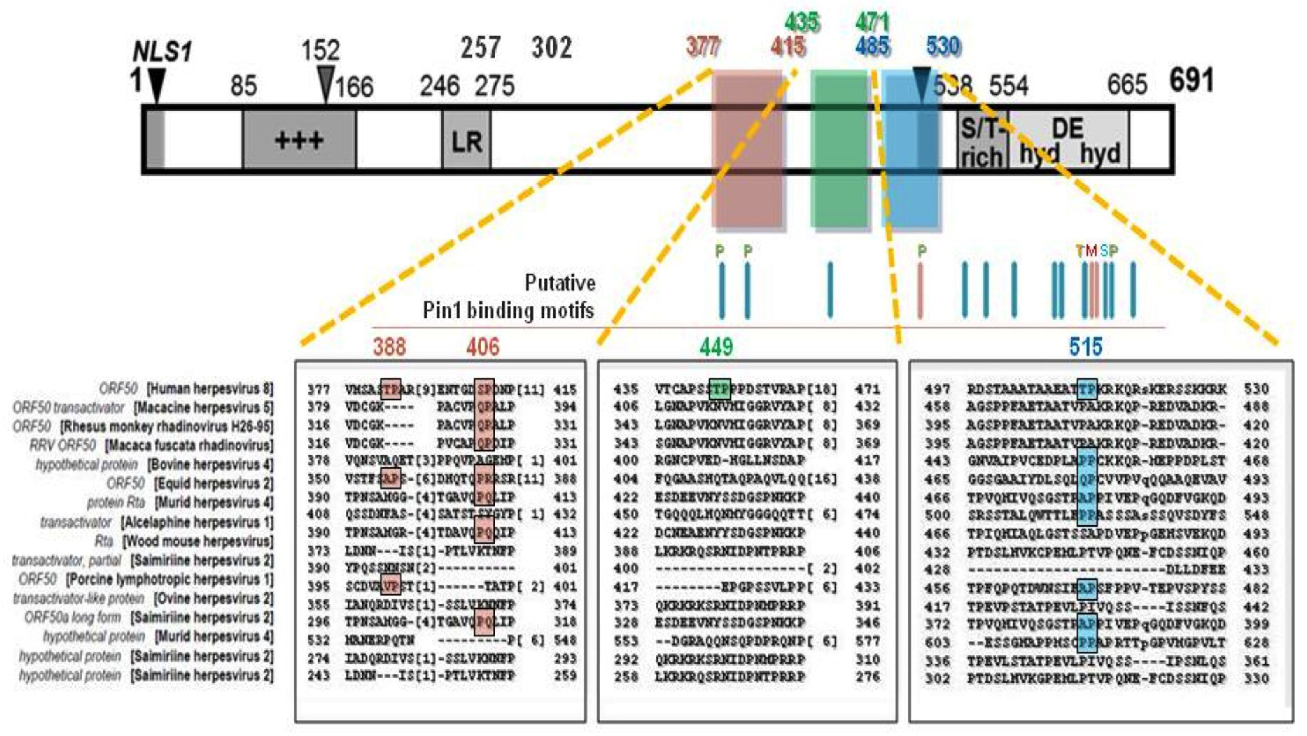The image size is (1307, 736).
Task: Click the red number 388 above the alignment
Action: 390,347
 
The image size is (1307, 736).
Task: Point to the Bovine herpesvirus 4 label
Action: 210,464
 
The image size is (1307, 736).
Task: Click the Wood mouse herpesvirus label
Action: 198,541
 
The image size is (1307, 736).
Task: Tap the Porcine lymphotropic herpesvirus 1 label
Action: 170,579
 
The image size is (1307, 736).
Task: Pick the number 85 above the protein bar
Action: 244,86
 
